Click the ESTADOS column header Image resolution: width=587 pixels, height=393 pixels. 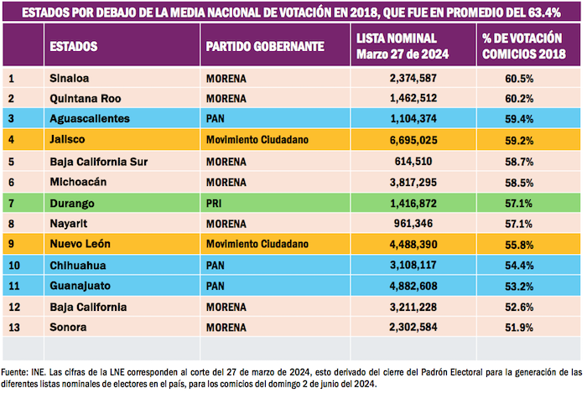pyautogui.click(x=73, y=47)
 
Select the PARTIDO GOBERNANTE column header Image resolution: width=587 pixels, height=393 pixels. pyautogui.click(x=264, y=47)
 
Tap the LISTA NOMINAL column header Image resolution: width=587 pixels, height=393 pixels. pyautogui.click(x=403, y=47)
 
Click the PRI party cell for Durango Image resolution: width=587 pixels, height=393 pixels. pyautogui.click(x=215, y=202)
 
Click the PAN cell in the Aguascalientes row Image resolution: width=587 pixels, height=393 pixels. pyautogui.click(x=216, y=120)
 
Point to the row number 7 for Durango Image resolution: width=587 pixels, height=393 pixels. pyautogui.click(x=12, y=202)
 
